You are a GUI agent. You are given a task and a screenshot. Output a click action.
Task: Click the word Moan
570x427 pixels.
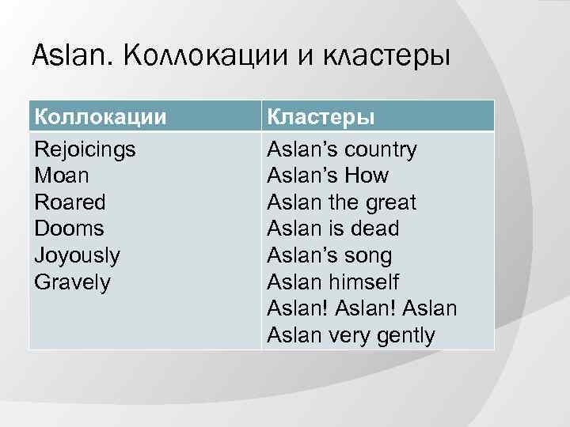(x=61, y=176)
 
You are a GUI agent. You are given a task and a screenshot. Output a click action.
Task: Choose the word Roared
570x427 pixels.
(x=70, y=202)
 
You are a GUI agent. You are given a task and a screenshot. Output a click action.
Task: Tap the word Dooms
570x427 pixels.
(x=69, y=229)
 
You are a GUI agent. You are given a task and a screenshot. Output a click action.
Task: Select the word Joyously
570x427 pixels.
(x=77, y=255)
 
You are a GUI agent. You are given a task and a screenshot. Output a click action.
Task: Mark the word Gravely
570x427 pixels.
(x=73, y=282)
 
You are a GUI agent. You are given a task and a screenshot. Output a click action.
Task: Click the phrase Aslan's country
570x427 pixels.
(x=342, y=149)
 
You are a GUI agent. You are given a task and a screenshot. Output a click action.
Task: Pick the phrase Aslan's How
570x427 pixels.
(x=328, y=176)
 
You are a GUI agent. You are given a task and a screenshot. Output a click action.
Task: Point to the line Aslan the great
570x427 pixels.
(x=341, y=202)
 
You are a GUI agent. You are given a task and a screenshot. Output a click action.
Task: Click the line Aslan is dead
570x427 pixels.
(x=332, y=229)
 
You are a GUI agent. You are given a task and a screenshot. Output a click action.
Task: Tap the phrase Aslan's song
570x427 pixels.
(x=329, y=255)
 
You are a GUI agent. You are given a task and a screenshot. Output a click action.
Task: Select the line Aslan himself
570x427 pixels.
(x=332, y=282)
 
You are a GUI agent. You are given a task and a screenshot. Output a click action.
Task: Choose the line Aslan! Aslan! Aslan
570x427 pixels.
(x=362, y=308)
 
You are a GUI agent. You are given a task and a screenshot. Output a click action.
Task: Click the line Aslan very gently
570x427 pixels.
(x=351, y=335)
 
